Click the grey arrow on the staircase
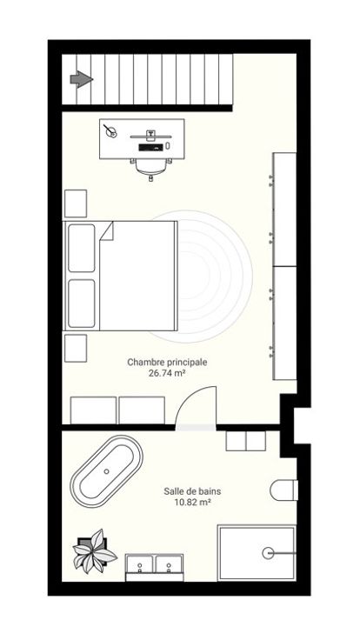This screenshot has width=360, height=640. click(81, 79)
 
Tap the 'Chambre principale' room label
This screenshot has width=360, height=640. click(167, 362)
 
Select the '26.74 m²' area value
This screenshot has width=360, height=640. click(167, 372)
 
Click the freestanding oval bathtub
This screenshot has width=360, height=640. click(107, 471)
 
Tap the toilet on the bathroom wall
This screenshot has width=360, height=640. click(284, 490)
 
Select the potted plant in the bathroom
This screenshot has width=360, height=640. click(94, 551)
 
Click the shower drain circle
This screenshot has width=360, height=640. click(268, 553)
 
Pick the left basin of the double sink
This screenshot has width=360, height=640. click(139, 564)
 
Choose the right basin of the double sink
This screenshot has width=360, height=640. click(169, 564)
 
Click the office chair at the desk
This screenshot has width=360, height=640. click(151, 168)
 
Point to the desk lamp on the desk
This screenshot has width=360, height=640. click(110, 130)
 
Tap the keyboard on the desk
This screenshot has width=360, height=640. click(151, 147)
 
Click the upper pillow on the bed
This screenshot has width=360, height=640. click(81, 248)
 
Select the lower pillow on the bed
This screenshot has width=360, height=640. click(81, 303)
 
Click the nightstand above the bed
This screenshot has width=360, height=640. click(76, 203)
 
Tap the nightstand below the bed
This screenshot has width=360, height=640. click(76, 348)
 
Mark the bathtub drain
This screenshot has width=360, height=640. click(107, 471)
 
